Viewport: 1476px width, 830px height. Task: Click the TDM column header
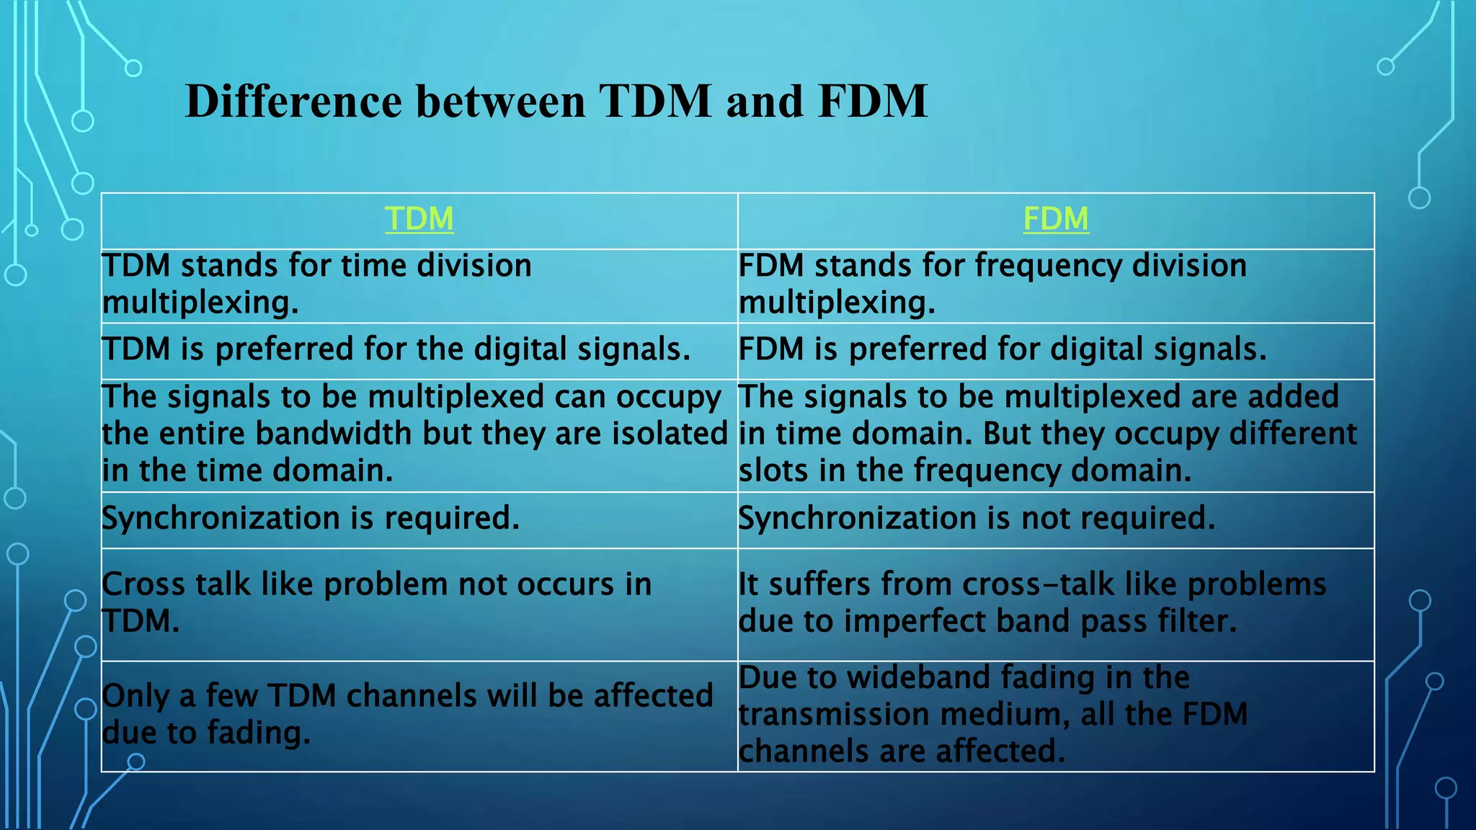[419, 219]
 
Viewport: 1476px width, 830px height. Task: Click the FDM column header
[1055, 219]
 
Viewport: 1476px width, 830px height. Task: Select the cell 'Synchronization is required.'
[311, 518]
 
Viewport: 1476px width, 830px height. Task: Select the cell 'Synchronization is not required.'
[977, 518]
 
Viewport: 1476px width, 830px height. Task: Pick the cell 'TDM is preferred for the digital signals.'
[396, 349]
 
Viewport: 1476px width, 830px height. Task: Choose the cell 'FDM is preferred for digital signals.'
[1002, 349]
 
